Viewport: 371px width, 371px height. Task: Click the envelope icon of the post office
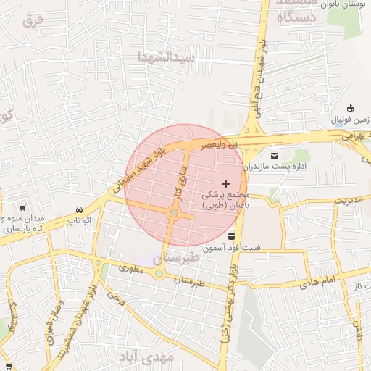[274, 155]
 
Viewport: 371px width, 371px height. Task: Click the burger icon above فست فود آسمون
[231, 236]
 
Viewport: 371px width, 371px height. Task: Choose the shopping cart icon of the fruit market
[23, 207]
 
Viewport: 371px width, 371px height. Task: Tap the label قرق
[33, 21]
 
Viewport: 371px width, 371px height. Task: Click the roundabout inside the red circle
[174, 214]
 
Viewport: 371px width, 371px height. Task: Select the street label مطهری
[132, 270]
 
